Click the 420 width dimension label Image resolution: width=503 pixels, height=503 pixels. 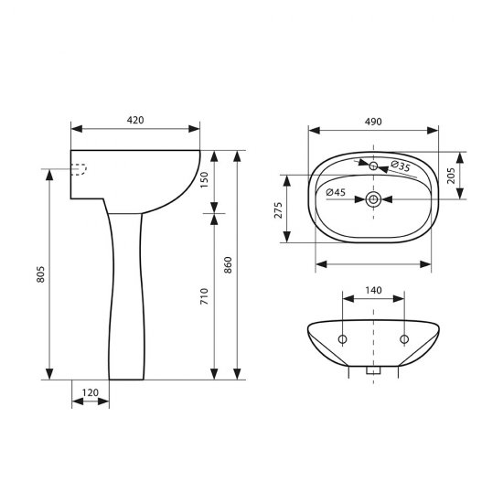coord(135,120)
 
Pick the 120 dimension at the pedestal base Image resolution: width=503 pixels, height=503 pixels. coord(91,392)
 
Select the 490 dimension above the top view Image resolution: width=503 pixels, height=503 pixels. coord(373,120)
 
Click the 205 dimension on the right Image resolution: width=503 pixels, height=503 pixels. coord(451,175)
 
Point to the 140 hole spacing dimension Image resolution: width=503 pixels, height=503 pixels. coord(373,289)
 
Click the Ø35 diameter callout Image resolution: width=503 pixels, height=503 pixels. coord(400,166)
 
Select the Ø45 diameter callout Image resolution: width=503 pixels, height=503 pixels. coord(336,193)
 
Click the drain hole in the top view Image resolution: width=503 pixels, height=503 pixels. coord(373,198)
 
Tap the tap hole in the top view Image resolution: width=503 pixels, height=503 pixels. coord(373,166)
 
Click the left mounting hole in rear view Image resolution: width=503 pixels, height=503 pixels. coord(342,340)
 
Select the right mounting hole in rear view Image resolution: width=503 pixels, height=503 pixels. coord(403,340)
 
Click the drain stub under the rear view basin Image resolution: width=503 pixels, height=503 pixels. coord(373,371)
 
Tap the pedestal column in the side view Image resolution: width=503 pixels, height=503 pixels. coord(126,293)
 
